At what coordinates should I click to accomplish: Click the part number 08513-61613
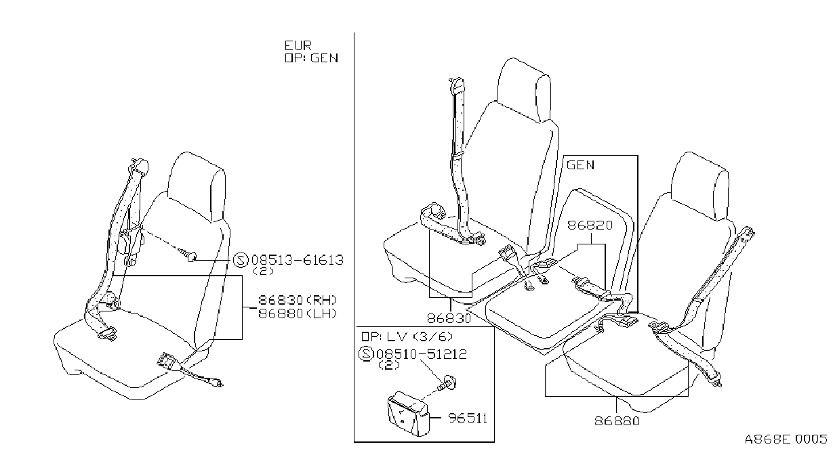click(298, 260)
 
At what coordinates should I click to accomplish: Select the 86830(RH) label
click(298, 300)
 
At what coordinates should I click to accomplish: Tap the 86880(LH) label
click(298, 314)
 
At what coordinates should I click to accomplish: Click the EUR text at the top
click(298, 45)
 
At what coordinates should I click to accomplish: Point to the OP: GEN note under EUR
click(312, 58)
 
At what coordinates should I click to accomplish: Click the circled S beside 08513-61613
click(241, 260)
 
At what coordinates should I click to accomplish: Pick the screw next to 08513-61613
click(189, 255)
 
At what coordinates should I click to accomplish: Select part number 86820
click(590, 225)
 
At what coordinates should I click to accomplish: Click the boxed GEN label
click(580, 165)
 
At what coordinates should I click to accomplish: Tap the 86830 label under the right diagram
click(449, 318)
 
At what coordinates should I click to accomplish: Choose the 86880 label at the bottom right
click(617, 421)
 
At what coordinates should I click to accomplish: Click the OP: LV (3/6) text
click(407, 337)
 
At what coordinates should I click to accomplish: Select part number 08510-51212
click(422, 354)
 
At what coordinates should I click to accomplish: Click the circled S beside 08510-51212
click(366, 354)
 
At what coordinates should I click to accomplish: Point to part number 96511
click(468, 418)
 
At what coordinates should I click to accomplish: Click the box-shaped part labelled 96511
click(407, 414)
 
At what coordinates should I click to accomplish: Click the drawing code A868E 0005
click(786, 439)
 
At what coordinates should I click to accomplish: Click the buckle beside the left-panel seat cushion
click(167, 361)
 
